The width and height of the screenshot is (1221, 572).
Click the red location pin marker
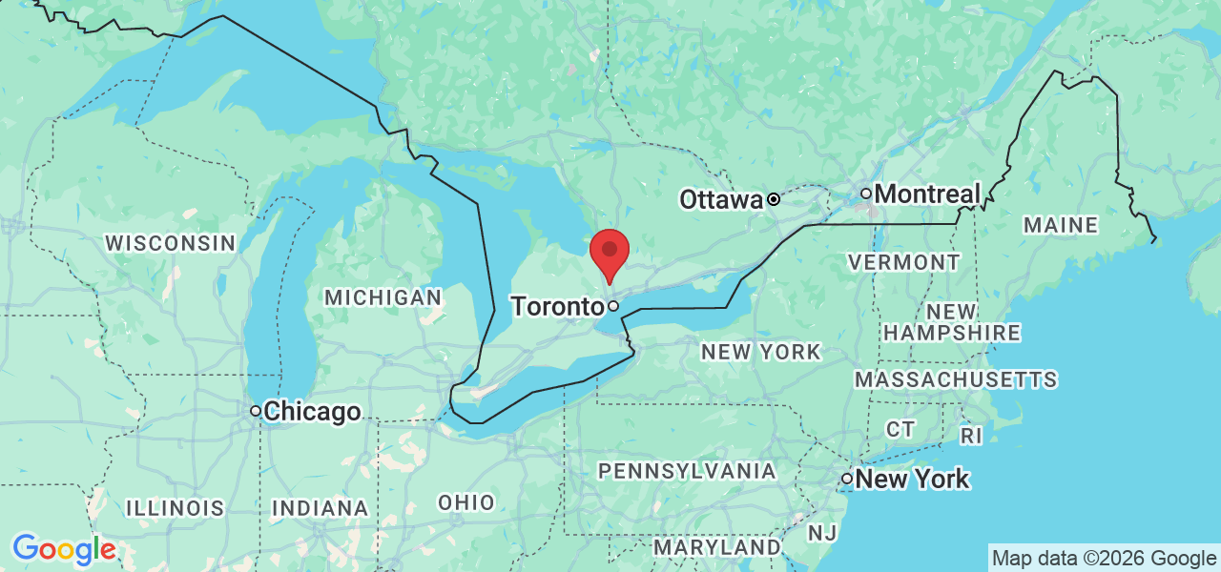(610, 252)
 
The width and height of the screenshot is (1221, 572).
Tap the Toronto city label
(556, 307)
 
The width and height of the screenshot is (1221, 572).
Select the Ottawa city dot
(773, 200)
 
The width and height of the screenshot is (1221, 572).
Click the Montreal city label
(927, 194)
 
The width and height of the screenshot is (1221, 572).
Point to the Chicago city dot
(256, 411)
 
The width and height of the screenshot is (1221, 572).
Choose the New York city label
(912, 479)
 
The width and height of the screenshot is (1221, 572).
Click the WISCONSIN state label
(170, 243)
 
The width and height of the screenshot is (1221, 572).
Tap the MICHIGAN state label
(383, 297)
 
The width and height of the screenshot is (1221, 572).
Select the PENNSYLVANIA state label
(687, 470)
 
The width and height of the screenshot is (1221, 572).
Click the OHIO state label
(466, 502)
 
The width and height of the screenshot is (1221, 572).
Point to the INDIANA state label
(320, 508)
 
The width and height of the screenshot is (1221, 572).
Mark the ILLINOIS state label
(175, 508)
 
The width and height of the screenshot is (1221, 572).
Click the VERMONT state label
(903, 261)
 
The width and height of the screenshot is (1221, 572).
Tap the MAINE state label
(1060, 225)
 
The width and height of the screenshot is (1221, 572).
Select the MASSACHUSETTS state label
(956, 379)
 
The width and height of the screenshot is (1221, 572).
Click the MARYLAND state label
(716, 547)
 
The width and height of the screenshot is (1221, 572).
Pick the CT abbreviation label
(900, 429)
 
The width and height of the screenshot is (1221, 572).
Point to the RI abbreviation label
(970, 436)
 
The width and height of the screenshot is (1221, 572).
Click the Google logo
(64, 549)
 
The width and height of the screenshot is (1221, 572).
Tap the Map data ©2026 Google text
(1104, 559)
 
